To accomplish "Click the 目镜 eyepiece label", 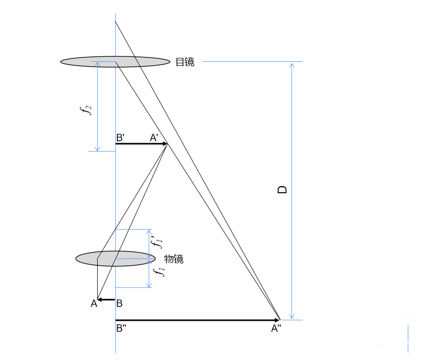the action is pyautogui.click(x=185, y=62).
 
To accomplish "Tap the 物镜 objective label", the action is pyautogui.click(x=174, y=259).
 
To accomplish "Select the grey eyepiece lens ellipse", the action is pyautogui.click(x=115, y=62).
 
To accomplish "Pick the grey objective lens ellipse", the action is pyautogui.click(x=115, y=258).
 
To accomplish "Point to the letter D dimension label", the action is pyautogui.click(x=282, y=190).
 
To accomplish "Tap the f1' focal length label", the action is pyautogui.click(x=157, y=242).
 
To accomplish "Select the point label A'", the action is pyautogui.click(x=154, y=138).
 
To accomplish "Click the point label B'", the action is pyautogui.click(x=120, y=138).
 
